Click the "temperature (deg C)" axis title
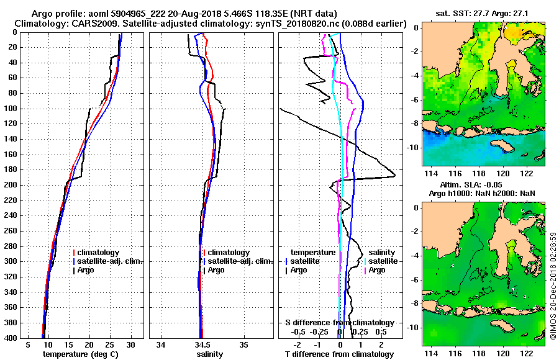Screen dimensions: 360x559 [80, 354]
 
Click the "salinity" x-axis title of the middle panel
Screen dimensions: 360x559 [210, 354]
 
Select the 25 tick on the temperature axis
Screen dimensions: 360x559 [109, 344]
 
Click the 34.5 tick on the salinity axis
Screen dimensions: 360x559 [202, 344]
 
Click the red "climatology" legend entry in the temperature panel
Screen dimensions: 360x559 [100, 253]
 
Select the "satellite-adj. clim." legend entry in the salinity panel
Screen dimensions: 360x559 [237, 261]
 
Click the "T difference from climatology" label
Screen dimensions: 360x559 [339, 354]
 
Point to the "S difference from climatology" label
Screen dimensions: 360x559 [339, 323]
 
